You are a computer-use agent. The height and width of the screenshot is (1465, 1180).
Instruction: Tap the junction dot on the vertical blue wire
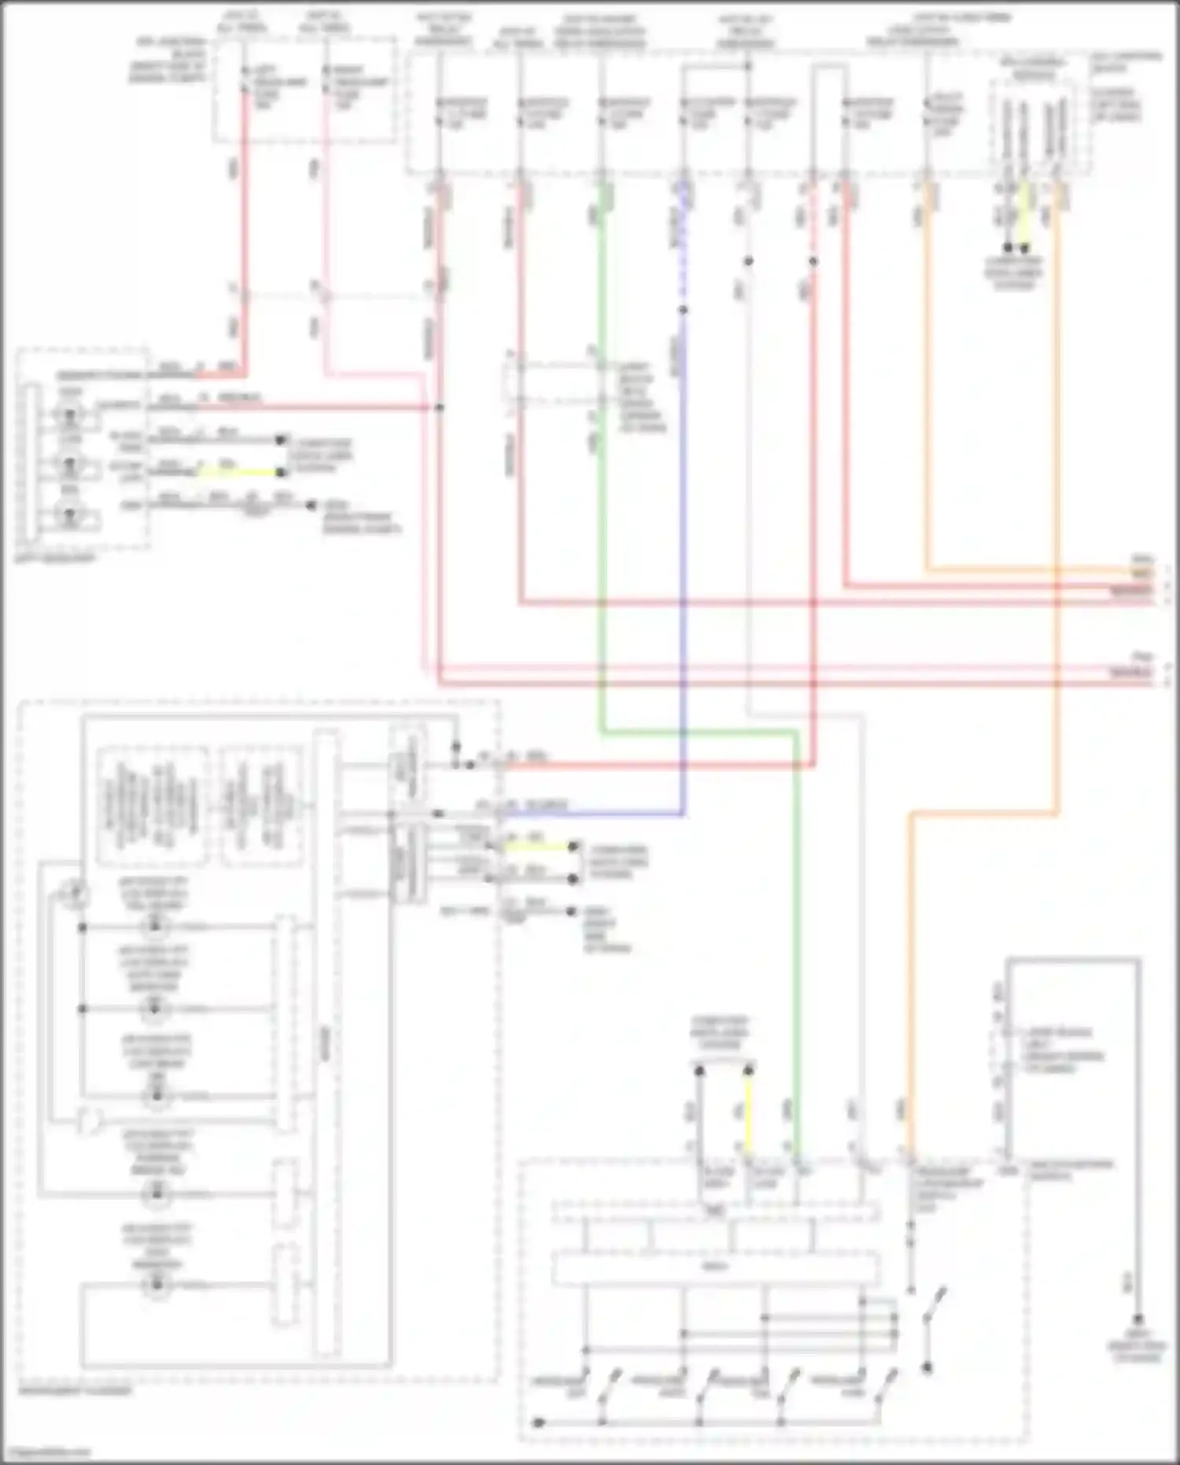(x=683, y=310)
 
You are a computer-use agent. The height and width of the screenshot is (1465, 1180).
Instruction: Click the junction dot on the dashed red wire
(x=813, y=261)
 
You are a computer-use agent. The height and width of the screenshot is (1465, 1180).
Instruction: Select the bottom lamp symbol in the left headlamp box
(x=71, y=516)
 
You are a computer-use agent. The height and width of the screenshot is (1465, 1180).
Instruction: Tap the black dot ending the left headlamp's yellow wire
(x=280, y=473)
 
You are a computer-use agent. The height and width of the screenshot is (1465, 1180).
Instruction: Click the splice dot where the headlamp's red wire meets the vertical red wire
(x=439, y=407)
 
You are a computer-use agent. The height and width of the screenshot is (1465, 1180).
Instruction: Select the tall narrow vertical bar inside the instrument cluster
(x=325, y=1043)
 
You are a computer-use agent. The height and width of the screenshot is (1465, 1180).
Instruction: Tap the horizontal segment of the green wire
(x=700, y=733)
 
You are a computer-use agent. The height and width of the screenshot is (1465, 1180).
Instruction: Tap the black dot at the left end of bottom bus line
(x=538, y=1423)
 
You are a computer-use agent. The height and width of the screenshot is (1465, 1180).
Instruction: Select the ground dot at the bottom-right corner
(x=1138, y=1319)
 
